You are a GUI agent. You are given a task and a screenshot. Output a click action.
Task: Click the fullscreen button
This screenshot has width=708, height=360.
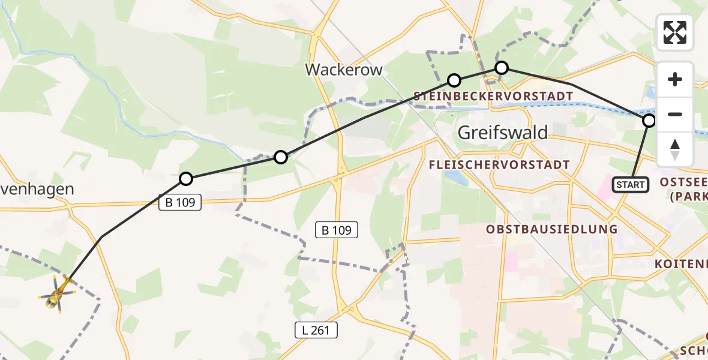click(675, 32)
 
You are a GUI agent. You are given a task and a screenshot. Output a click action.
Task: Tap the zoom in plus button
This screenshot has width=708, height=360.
click(675, 79)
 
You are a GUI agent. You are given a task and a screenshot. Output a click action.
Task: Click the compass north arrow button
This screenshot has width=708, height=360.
click(675, 149)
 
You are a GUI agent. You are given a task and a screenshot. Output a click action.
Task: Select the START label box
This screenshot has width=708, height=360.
click(630, 185)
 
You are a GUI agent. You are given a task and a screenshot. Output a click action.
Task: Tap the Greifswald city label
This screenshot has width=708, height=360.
click(503, 132)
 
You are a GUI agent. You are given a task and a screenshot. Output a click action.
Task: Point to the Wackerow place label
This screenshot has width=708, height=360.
click(344, 70)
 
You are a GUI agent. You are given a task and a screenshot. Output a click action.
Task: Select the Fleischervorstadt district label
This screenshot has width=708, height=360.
click(499, 164)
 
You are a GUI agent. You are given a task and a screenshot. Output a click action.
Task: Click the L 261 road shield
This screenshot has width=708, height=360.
click(316, 329)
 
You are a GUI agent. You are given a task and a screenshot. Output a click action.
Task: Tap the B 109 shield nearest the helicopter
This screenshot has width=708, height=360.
click(179, 203)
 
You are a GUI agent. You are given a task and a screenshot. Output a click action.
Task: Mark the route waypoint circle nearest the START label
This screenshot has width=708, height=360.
click(649, 121)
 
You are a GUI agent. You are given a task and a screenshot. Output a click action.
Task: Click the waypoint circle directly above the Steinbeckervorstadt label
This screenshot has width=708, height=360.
click(454, 80)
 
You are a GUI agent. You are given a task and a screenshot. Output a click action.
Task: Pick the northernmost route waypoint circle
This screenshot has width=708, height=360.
click(501, 68)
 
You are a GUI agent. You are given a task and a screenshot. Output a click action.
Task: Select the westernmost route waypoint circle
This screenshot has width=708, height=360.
click(186, 179)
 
